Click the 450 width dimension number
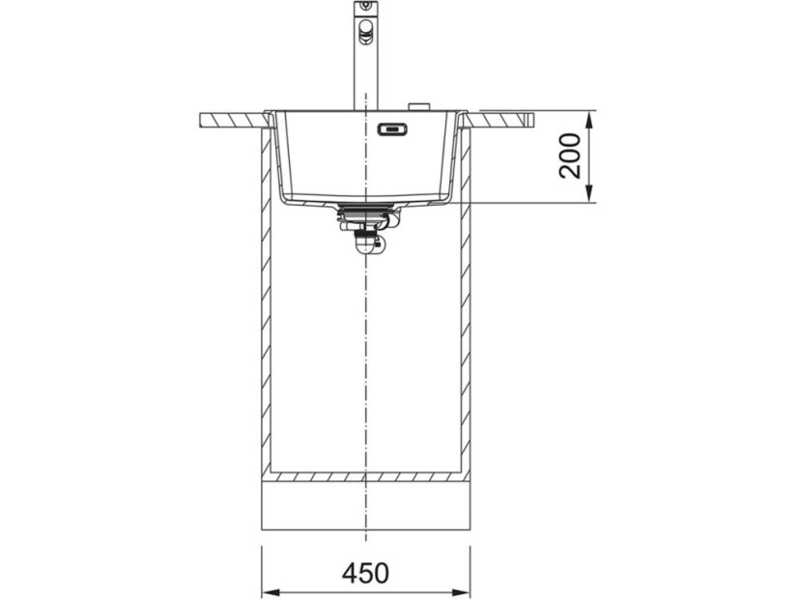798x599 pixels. (x=365, y=573)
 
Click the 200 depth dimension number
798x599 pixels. (x=570, y=156)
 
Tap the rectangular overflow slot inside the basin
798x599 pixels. (x=392, y=129)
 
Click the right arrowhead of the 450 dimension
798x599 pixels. (x=460, y=592)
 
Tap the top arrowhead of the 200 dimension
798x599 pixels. (x=588, y=121)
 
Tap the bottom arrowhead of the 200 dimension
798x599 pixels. (x=588, y=193)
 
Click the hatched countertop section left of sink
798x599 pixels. (x=234, y=121)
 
